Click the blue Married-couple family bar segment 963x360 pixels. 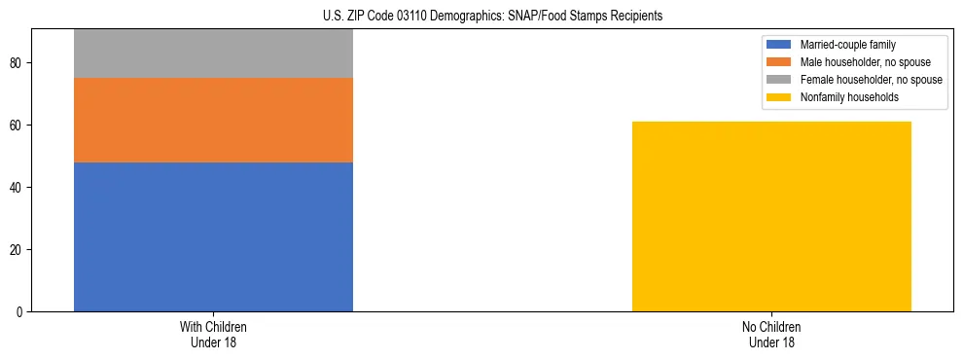(213, 236)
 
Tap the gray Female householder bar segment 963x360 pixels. (213, 54)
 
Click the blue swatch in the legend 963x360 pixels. (779, 45)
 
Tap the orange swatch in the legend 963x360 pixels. (779, 62)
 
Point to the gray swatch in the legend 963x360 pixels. (779, 80)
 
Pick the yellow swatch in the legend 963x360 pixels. (779, 97)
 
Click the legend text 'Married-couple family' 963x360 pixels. (847, 45)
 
